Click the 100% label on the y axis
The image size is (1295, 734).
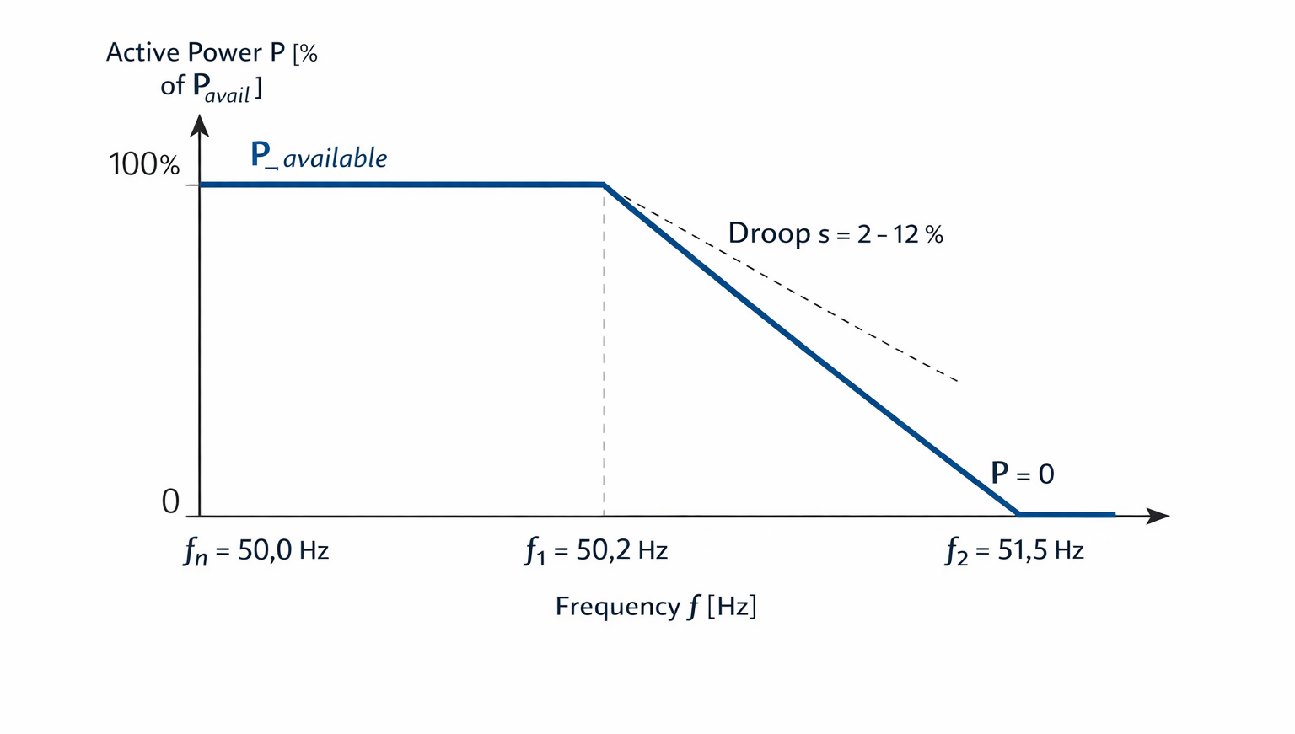pyautogui.click(x=144, y=164)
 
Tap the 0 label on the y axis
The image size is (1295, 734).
pyautogui.click(x=170, y=501)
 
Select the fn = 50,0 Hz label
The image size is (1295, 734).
pyautogui.click(x=256, y=551)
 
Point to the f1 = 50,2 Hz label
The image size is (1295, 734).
pyautogui.click(x=595, y=551)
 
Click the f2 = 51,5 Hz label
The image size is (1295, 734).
pyautogui.click(x=1014, y=551)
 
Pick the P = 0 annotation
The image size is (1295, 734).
pyautogui.click(x=1023, y=474)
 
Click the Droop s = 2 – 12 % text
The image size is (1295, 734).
pyautogui.click(x=836, y=234)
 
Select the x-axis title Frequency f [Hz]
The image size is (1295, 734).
pyautogui.click(x=656, y=607)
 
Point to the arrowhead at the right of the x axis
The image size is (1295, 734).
pyautogui.click(x=1158, y=516)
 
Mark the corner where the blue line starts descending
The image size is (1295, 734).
pyautogui.click(x=605, y=185)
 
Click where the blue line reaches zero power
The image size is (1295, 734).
pyautogui.click(x=1018, y=514)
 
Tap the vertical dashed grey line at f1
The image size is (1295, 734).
pyautogui.click(x=605, y=351)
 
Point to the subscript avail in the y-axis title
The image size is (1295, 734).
pyautogui.click(x=227, y=94)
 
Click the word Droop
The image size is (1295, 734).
pyautogui.click(x=769, y=234)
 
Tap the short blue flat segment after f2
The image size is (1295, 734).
pyautogui.click(x=1067, y=514)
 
